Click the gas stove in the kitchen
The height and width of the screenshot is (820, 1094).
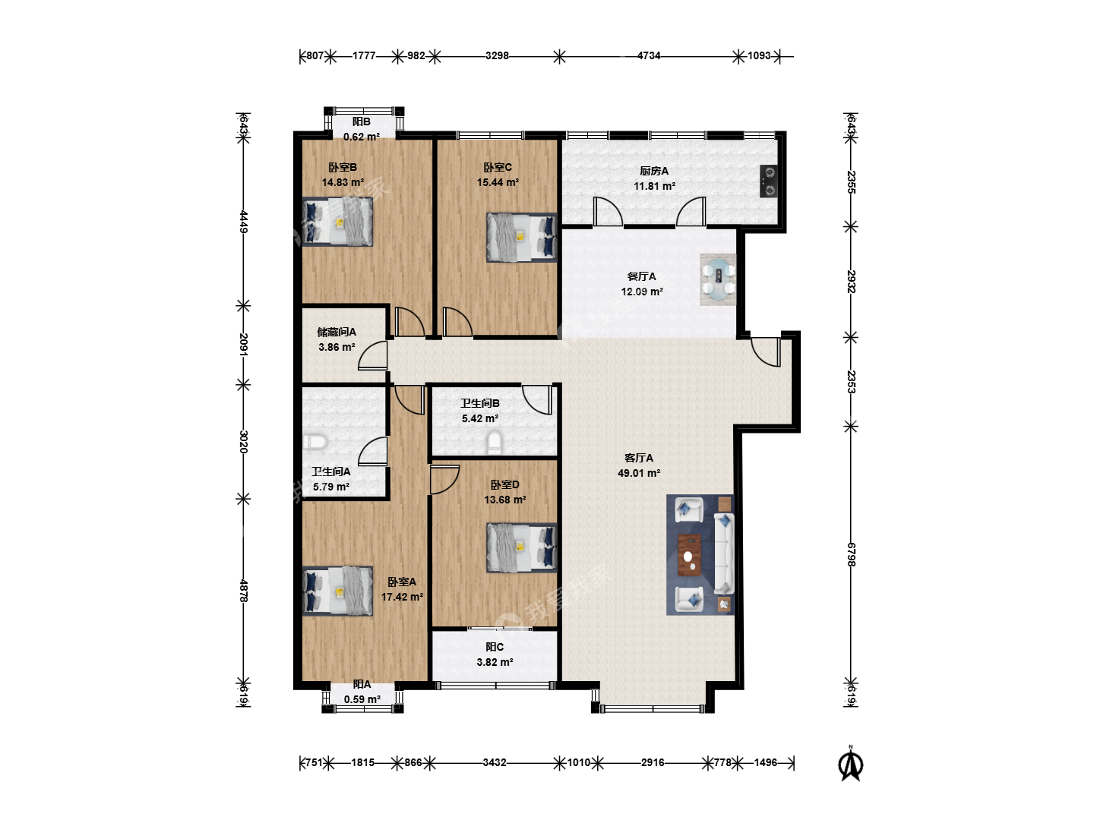[x=769, y=181]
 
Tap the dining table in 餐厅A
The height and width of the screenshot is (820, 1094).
[x=718, y=279]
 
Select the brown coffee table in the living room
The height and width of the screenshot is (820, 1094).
[x=689, y=553]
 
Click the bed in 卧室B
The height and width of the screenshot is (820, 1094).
[x=337, y=222]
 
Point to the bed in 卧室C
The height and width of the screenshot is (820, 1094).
[x=521, y=238]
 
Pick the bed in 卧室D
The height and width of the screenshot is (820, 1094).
[x=521, y=547]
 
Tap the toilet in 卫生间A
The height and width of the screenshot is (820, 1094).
[x=314, y=442]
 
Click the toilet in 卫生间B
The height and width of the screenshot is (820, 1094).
[x=494, y=442]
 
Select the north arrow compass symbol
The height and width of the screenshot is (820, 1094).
[x=851, y=763]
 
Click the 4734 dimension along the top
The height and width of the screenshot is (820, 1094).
[x=649, y=55]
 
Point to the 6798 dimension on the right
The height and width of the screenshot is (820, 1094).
[x=852, y=554]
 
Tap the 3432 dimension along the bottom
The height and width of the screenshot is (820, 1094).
[x=495, y=762]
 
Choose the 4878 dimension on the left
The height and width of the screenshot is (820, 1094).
[x=244, y=591]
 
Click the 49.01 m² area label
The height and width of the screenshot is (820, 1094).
[x=639, y=473]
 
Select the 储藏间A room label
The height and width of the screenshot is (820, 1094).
[x=337, y=332]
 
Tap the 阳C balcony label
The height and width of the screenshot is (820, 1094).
[x=495, y=647]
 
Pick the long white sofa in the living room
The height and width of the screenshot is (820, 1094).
[x=724, y=553]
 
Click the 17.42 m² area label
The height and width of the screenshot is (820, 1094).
[x=402, y=597]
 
